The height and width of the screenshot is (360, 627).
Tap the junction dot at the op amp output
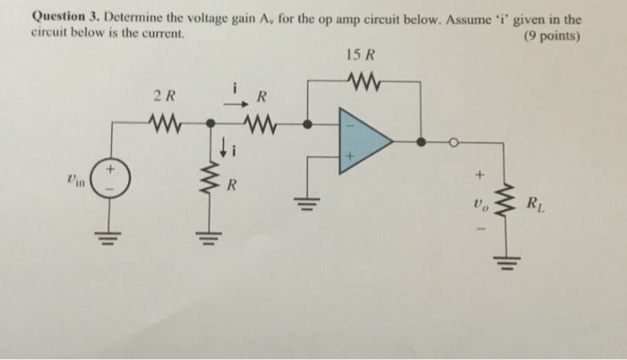pyautogui.click(x=420, y=141)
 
